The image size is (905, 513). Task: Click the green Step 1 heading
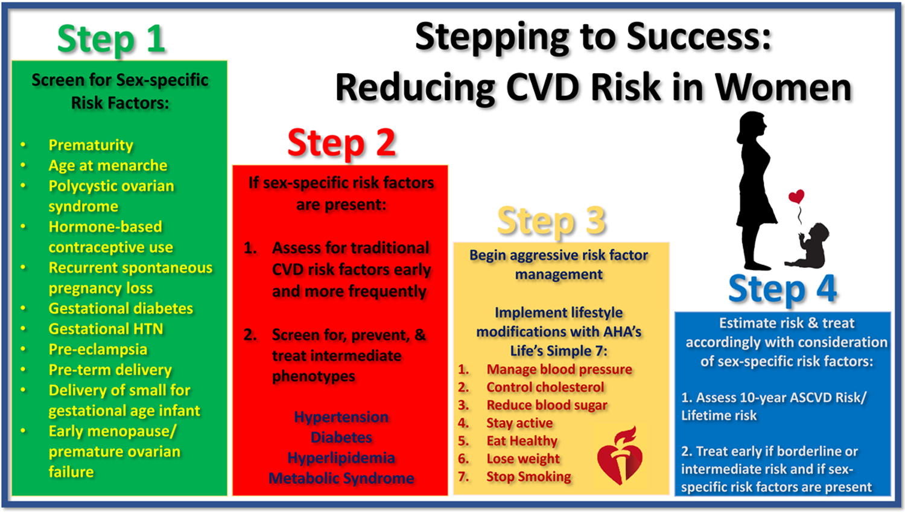click(x=111, y=39)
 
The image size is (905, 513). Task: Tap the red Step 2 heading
click(x=341, y=142)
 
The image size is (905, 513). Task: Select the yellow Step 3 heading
click(x=551, y=220)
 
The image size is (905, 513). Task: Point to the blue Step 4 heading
click(x=783, y=288)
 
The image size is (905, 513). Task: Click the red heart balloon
click(x=796, y=197)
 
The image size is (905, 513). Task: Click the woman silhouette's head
click(x=752, y=126)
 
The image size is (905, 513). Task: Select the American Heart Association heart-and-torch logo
click(x=620, y=456)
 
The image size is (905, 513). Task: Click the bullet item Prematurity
click(x=91, y=145)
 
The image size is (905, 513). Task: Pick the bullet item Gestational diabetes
click(x=121, y=308)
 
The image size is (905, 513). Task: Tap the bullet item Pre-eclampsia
click(x=98, y=349)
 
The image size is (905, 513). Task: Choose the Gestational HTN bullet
click(x=106, y=329)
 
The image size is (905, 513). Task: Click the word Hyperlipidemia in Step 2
click(x=341, y=457)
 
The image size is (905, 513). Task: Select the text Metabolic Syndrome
click(x=341, y=478)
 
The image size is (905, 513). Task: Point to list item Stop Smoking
click(x=529, y=477)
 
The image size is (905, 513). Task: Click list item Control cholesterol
click(x=545, y=387)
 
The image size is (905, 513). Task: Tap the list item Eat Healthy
click(x=522, y=441)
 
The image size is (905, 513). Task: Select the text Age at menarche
click(x=107, y=165)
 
